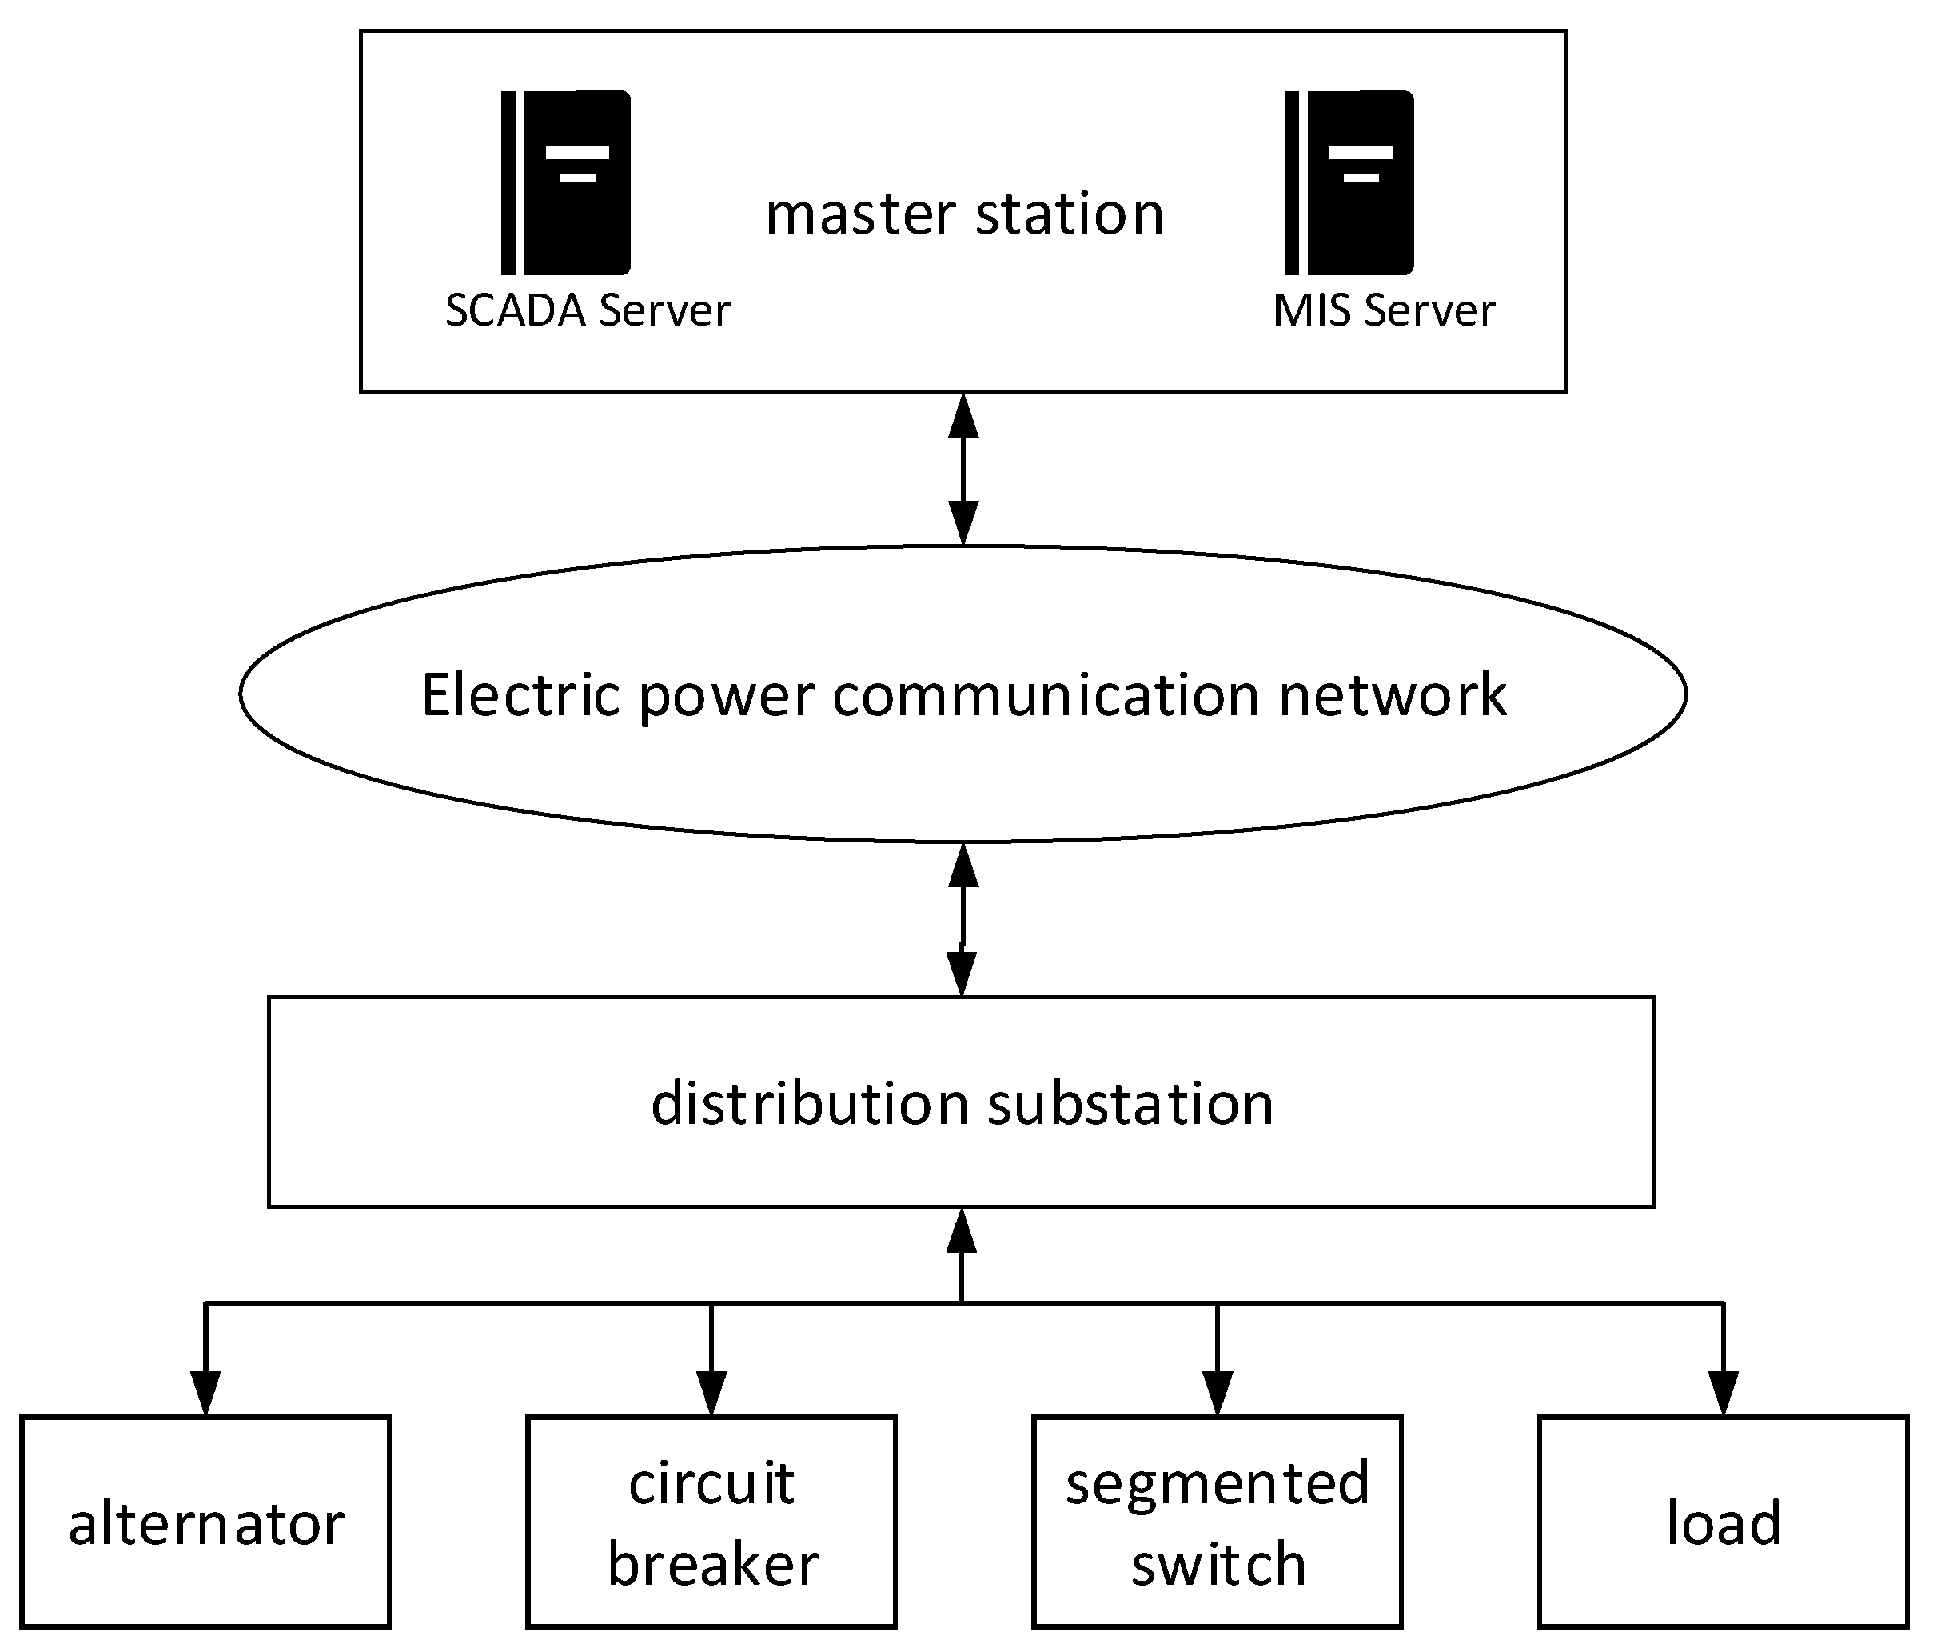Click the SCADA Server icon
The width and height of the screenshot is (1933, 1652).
[x=566, y=183]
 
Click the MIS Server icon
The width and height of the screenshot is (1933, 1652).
[x=1349, y=183]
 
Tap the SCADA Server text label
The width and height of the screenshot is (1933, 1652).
[x=587, y=310]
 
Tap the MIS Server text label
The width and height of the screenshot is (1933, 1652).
[x=1384, y=310]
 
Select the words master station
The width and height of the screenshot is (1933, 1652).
[x=965, y=214]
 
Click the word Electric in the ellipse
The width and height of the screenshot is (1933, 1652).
[x=520, y=695]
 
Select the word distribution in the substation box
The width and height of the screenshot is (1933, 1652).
[x=810, y=1103]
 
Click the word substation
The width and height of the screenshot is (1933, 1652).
[x=1130, y=1103]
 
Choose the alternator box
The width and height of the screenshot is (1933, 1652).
[x=205, y=1523]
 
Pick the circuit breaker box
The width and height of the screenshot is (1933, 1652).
[x=711, y=1523]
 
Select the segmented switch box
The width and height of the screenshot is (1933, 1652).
[x=1218, y=1523]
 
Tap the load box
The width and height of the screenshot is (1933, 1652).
[x=1723, y=1523]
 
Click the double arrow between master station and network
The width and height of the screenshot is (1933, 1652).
[x=963, y=470]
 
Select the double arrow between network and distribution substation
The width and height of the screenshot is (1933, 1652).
[x=962, y=919]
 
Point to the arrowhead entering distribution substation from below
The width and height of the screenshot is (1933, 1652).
[x=962, y=1232]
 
